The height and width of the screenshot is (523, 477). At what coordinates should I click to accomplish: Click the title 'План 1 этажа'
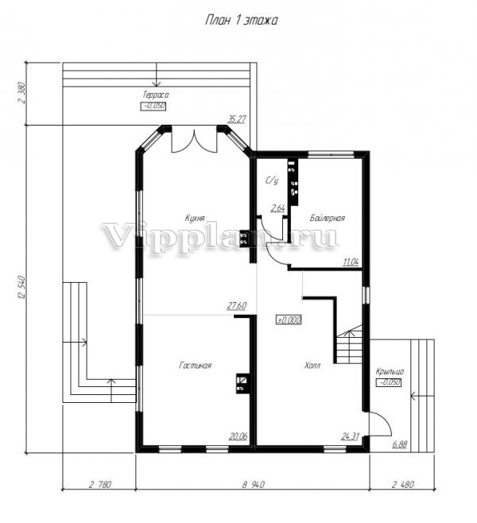[241, 21]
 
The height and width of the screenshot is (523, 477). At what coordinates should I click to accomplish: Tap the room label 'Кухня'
[195, 219]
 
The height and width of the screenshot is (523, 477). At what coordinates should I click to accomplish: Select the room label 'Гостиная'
[195, 366]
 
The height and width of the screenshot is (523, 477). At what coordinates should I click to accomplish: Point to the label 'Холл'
[312, 366]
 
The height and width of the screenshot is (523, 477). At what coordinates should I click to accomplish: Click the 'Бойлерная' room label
[328, 219]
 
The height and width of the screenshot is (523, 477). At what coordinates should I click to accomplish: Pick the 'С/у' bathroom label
[272, 180]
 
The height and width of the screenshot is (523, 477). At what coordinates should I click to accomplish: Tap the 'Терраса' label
[156, 95]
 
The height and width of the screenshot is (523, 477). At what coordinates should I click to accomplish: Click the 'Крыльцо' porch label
[390, 372]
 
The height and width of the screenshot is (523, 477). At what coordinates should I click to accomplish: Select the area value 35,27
[237, 119]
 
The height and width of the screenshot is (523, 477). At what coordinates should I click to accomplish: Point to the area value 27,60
[237, 306]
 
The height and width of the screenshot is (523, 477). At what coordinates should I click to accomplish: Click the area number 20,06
[238, 436]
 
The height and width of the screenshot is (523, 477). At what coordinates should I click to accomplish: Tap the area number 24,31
[351, 436]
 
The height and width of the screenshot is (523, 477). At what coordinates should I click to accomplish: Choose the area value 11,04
[351, 262]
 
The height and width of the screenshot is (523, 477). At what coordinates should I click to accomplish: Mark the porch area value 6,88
[400, 444]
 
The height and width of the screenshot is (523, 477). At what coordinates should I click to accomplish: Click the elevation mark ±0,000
[289, 320]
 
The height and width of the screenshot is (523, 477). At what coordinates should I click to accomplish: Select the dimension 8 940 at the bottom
[253, 484]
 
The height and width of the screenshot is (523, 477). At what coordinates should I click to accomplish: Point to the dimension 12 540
[22, 287]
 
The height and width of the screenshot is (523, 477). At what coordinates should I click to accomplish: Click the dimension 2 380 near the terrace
[22, 94]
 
